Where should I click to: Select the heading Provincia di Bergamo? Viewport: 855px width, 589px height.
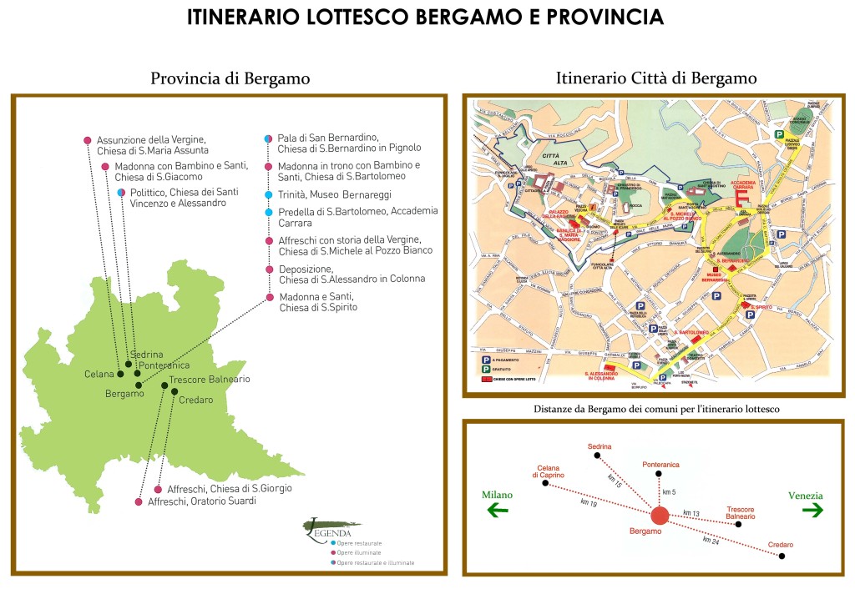(x=230, y=79)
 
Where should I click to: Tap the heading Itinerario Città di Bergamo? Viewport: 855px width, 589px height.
(x=656, y=78)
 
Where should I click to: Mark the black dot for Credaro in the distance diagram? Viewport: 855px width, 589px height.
(x=782, y=556)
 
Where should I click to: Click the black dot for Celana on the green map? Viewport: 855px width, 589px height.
(x=120, y=374)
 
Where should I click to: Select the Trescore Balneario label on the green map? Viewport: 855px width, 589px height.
(x=209, y=380)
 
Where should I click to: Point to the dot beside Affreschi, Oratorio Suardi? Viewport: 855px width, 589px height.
(x=139, y=502)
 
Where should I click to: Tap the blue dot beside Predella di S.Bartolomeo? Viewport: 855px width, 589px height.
(x=268, y=213)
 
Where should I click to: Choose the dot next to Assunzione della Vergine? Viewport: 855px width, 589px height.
(x=88, y=140)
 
